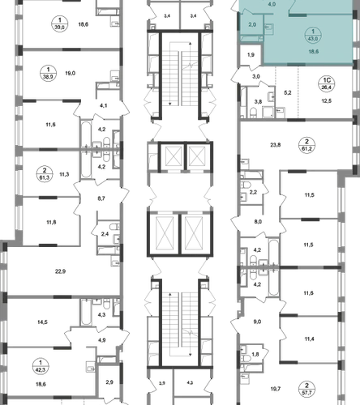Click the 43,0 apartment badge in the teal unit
[313, 36]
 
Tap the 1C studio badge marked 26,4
[327, 84]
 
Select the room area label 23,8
[276, 145]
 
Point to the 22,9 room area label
[60, 271]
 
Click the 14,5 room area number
[43, 322]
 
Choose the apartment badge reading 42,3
[41, 366]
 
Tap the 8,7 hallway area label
[101, 198]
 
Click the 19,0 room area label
[70, 73]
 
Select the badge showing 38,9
[48, 73]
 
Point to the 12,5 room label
[327, 101]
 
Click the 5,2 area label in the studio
[288, 92]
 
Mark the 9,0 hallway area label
[257, 322]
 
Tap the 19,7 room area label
[276, 389]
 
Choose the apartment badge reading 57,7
[306, 389]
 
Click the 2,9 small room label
[109, 382]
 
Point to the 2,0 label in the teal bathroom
[252, 24]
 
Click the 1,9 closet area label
[251, 55]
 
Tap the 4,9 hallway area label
[102, 340]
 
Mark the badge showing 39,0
[60, 23]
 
